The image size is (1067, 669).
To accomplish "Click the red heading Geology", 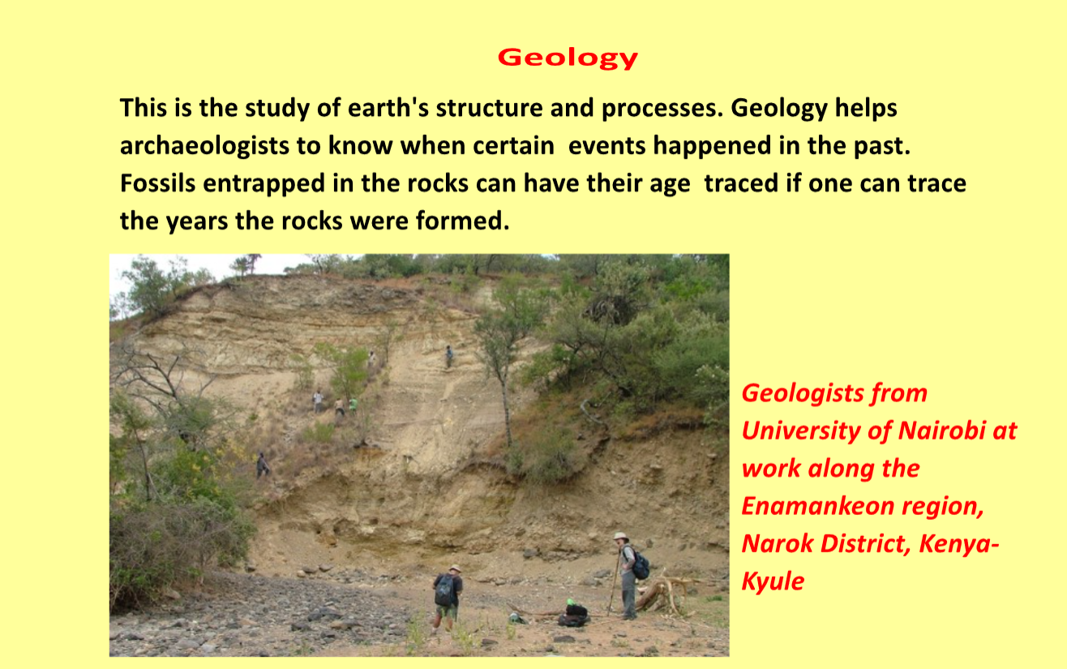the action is tap(568, 58).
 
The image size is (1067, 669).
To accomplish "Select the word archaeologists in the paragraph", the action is tap(204, 146).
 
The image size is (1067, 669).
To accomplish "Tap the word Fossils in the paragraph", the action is tap(157, 183).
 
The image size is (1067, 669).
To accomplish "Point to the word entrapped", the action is tap(264, 184).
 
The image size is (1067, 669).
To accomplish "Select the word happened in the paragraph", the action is tap(712, 146).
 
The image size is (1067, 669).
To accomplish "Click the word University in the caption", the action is tap(801, 431).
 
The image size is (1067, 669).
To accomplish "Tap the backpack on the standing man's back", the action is tap(640, 565).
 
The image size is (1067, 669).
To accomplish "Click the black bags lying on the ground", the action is tap(575, 614).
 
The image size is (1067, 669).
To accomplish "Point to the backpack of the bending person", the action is tap(444, 590).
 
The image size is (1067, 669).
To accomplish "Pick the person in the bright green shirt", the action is tap(354, 405).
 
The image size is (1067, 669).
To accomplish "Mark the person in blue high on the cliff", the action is tap(448, 356).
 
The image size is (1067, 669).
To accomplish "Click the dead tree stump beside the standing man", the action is tap(663, 594).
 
